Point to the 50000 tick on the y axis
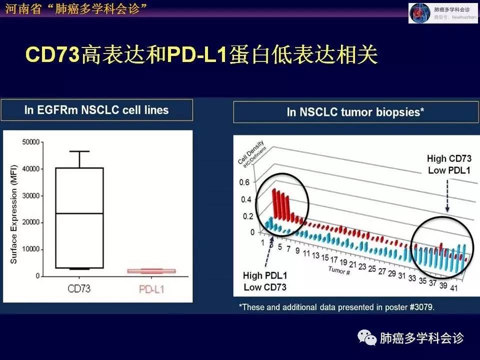31,142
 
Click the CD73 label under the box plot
79,288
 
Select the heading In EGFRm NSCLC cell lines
96,110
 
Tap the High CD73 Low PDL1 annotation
448,164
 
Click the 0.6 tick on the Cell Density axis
244,182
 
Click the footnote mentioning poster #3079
336,306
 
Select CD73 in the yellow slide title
52,55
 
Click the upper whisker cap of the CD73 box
79,151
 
